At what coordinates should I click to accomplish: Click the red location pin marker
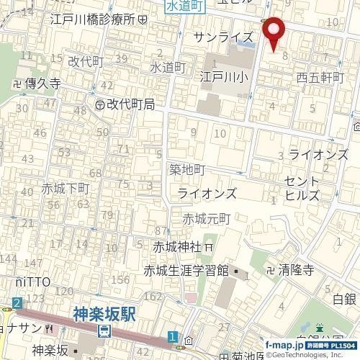[274, 33]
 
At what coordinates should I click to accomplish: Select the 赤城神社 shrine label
[177, 246]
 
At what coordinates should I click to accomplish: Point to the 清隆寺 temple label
[292, 271]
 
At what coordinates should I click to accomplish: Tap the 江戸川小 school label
[225, 74]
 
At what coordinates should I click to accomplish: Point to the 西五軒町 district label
[320, 77]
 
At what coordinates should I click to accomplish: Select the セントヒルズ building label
[302, 187]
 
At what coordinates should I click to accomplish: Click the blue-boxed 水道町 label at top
[185, 5]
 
